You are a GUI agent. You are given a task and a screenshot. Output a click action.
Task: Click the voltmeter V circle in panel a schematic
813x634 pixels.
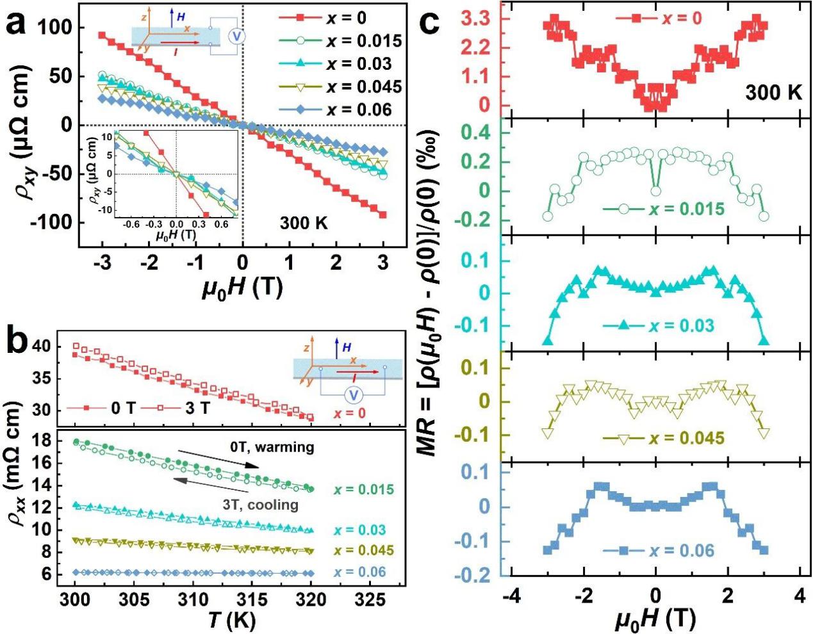237,37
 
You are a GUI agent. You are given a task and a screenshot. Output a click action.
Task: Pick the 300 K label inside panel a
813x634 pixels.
304,224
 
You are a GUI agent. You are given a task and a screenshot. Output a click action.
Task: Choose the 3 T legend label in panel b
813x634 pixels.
197,407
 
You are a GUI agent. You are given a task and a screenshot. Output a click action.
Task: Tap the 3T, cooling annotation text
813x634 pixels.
261,505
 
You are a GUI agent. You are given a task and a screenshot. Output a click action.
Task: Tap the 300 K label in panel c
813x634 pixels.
773,92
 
